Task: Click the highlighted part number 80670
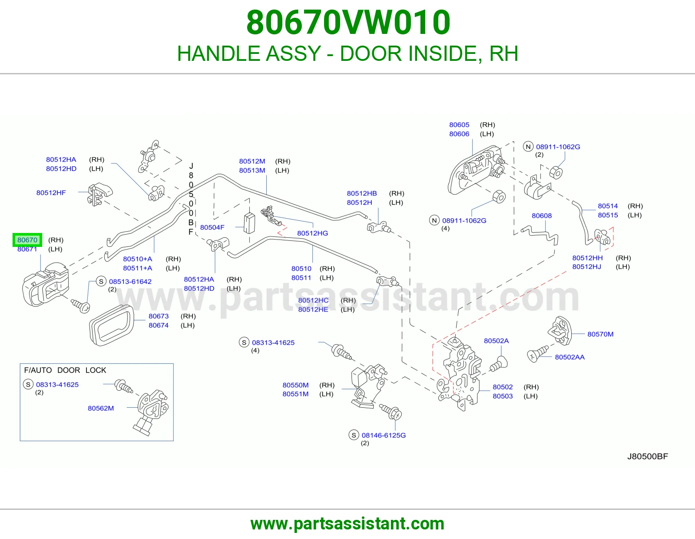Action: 27,240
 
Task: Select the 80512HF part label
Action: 51,193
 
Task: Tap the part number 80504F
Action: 212,227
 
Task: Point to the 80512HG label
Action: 312,233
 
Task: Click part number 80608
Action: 542,216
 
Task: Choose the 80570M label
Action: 600,334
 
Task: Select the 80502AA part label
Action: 569,357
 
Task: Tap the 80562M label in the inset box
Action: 101,408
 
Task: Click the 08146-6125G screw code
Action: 384,435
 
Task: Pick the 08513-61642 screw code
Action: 130,282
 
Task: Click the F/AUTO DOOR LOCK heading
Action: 65,370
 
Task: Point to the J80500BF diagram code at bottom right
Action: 647,456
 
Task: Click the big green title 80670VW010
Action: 348,22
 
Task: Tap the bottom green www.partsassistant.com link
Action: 347,524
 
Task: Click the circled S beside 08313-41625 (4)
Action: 244,342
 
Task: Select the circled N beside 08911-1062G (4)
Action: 434,220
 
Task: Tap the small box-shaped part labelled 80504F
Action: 249,223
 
